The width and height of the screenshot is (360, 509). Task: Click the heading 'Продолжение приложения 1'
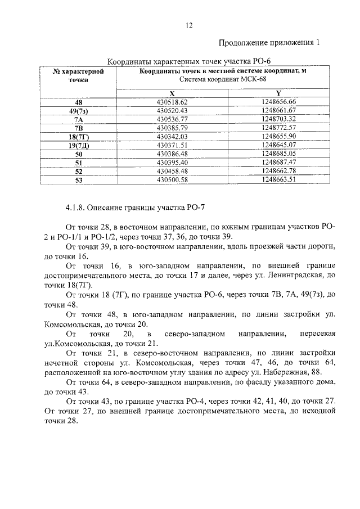click(x=270, y=42)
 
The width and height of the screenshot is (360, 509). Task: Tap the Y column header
click(x=278, y=93)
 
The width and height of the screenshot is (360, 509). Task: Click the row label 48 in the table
click(x=78, y=102)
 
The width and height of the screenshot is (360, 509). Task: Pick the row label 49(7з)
click(x=78, y=111)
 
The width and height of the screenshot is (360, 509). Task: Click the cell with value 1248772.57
click(x=278, y=128)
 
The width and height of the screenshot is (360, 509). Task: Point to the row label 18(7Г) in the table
click(x=78, y=137)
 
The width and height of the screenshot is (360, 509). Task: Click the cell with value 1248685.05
click(x=278, y=154)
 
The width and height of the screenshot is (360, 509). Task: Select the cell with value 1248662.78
click(x=278, y=171)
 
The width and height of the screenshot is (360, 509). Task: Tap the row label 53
click(x=78, y=180)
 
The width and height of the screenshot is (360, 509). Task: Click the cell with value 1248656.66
click(x=278, y=102)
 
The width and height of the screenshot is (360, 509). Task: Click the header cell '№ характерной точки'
click(x=78, y=76)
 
